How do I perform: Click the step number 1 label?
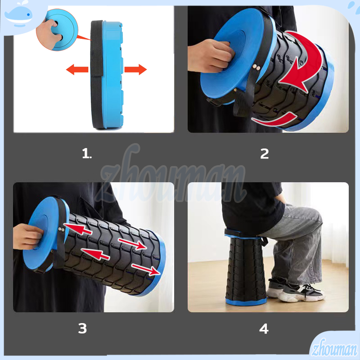(x=87, y=153)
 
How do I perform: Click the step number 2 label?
(x=265, y=153)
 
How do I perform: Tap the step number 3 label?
(x=82, y=328)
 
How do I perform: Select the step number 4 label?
(x=264, y=328)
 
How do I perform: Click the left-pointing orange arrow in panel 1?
(x=77, y=69)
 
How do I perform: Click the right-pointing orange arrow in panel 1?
(x=135, y=69)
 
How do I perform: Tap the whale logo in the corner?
(x=19, y=14)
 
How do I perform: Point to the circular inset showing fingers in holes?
(x=57, y=30)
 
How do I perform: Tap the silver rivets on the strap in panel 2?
(x=256, y=67)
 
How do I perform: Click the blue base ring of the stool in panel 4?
(x=246, y=301)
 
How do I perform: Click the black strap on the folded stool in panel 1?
(x=97, y=73)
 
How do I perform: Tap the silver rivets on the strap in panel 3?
(x=61, y=229)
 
